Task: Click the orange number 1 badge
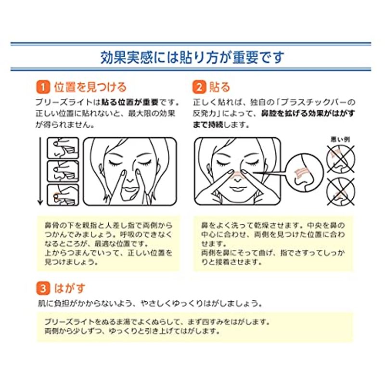[43, 87]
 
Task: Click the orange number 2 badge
[199, 87]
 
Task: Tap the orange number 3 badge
[43, 288]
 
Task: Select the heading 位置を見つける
[90, 87]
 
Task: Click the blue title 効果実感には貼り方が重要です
[192, 57]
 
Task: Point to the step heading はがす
[69, 288]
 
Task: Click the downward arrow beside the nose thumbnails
[40, 171]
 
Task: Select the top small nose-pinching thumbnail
[63, 148]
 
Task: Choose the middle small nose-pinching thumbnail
[63, 171]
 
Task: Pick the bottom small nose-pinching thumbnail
[63, 195]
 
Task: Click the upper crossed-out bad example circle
[341, 159]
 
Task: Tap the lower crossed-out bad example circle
[341, 192]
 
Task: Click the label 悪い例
[340, 140]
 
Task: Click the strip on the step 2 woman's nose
[237, 175]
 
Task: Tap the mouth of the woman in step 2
[236, 189]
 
